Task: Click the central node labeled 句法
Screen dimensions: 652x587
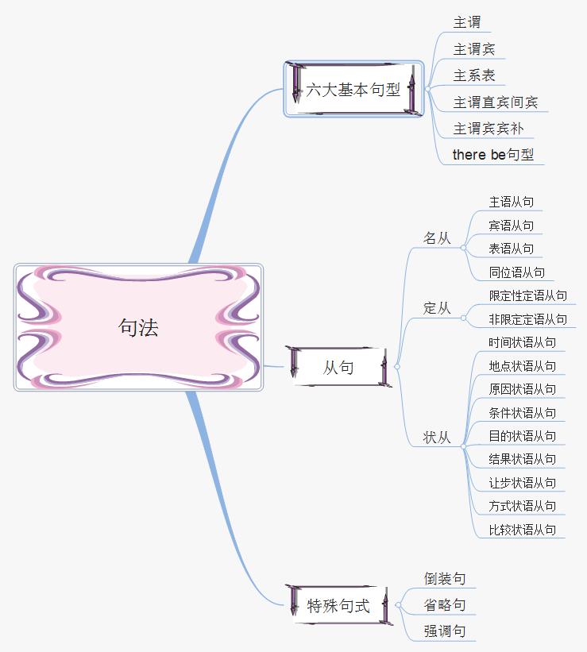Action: pyautogui.click(x=138, y=327)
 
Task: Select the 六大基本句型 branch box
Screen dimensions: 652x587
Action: pyautogui.click(x=353, y=90)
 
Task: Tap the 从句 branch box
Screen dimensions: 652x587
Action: pyautogui.click(x=338, y=368)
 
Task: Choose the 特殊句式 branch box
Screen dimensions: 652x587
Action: pyautogui.click(x=338, y=606)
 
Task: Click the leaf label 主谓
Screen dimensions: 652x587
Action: pyautogui.click(x=467, y=22)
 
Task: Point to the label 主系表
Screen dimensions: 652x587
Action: pyautogui.click(x=474, y=75)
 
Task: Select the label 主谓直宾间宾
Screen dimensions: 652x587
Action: pyautogui.click(x=496, y=102)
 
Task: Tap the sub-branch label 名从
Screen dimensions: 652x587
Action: pyautogui.click(x=437, y=238)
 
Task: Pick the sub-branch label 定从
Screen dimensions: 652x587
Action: pyautogui.click(x=437, y=308)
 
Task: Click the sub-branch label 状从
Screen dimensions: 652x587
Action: pyautogui.click(x=437, y=438)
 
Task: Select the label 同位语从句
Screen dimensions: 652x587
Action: pyautogui.click(x=517, y=272)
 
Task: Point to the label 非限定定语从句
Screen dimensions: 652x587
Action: pyautogui.click(x=528, y=319)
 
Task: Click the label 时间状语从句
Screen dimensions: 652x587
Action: pyautogui.click(x=523, y=342)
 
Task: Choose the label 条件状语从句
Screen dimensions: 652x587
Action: pyautogui.click(x=523, y=413)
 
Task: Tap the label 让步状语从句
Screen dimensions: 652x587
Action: pyautogui.click(x=523, y=483)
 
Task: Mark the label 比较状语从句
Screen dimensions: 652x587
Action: pyautogui.click(x=523, y=530)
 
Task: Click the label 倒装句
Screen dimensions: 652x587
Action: pyautogui.click(x=445, y=579)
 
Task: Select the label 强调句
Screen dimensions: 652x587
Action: pyautogui.click(x=445, y=631)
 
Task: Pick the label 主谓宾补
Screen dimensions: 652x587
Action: pyautogui.click(x=489, y=129)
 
